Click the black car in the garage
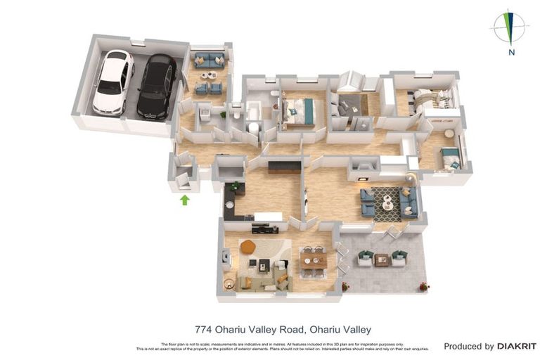(156, 86)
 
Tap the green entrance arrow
(185, 200)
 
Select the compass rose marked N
(511, 28)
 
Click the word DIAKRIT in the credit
(517, 346)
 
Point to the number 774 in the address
(204, 329)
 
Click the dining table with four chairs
(314, 260)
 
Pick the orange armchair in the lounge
(247, 247)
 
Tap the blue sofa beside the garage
(209, 60)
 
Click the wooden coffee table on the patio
(382, 259)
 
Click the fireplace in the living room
(364, 167)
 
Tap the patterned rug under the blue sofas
(387, 203)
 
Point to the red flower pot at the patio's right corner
(424, 286)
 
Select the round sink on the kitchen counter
(229, 205)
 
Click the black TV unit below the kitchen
(265, 228)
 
